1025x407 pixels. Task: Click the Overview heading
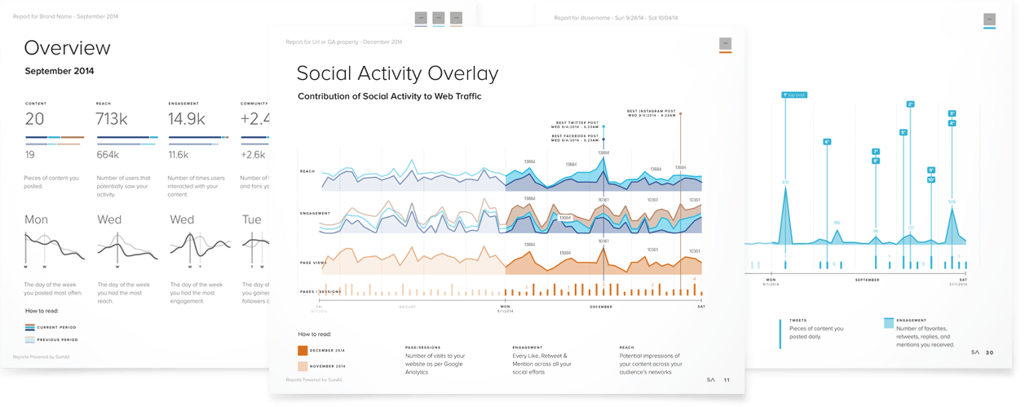coord(67,47)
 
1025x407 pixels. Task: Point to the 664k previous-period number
coord(109,154)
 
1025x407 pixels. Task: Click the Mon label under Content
coord(37,219)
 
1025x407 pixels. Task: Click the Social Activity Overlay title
coord(397,73)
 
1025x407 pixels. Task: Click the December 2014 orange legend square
coord(303,351)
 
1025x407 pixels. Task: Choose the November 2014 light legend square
coord(303,366)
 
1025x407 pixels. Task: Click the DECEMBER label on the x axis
coord(600,307)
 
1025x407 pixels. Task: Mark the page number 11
coord(727,379)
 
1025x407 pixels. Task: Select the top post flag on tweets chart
coord(794,95)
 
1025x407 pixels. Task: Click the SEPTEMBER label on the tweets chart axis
coord(867,280)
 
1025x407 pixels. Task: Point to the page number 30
coord(989,352)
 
